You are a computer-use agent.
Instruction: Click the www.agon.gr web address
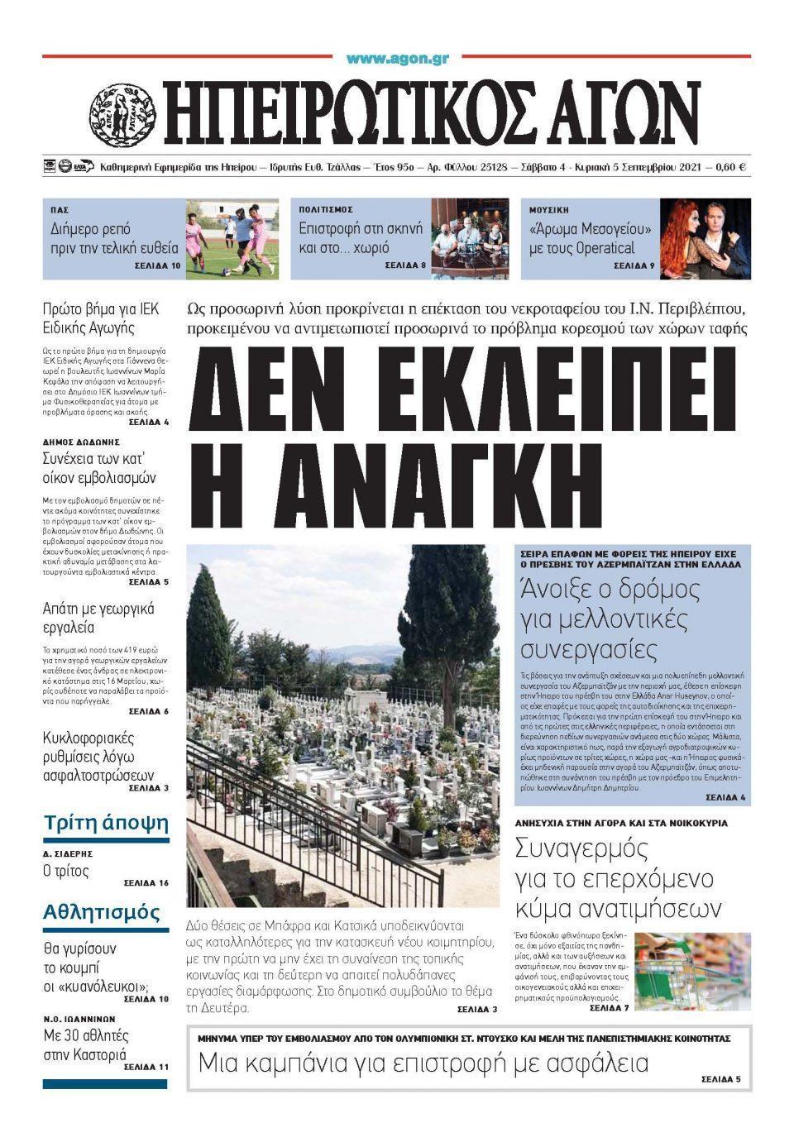(397, 59)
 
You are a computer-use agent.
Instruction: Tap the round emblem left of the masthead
(122, 112)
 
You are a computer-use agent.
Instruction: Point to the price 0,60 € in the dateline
(729, 167)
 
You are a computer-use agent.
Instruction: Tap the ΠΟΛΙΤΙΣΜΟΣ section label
(326, 210)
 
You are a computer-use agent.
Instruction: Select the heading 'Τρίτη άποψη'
(106, 823)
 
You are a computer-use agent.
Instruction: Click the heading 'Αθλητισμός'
(102, 912)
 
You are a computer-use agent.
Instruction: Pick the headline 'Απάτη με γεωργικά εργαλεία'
(98, 618)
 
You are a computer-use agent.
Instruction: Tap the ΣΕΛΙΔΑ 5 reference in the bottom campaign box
(720, 1079)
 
